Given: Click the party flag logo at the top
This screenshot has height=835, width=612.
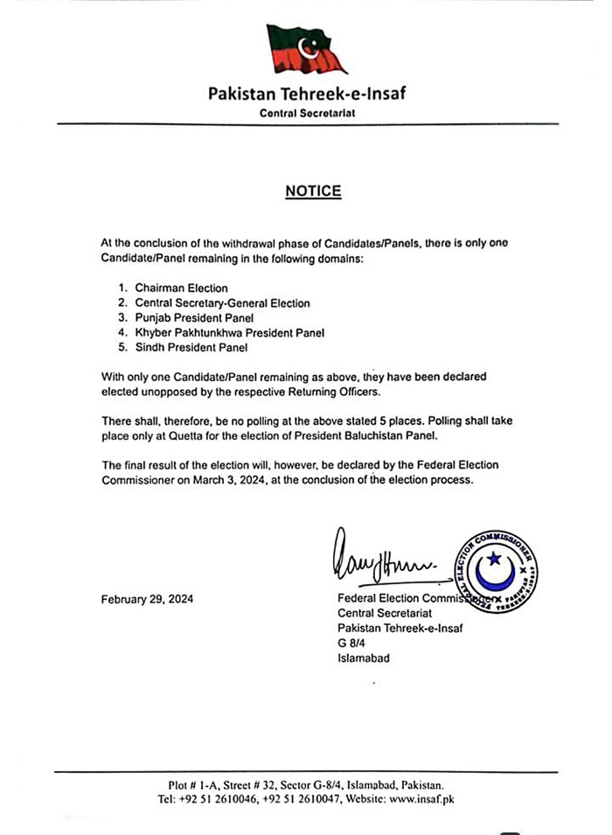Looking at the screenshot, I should [x=306, y=49].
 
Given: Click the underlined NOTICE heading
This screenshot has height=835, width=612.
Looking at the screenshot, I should [x=312, y=191].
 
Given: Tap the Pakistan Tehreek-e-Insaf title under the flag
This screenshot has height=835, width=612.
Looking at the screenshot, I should [x=307, y=94].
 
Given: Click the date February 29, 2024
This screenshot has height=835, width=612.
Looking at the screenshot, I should [x=147, y=600].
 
